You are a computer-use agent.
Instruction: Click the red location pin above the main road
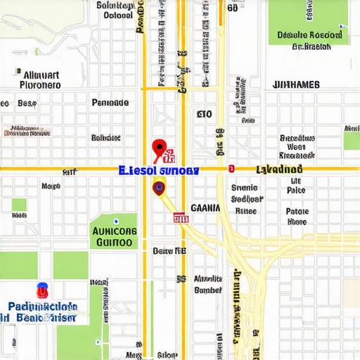click(159, 148)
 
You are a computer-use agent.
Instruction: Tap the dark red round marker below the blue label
click(159, 187)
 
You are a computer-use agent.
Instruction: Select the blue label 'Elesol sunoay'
click(159, 170)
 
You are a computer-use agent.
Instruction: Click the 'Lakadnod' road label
click(279, 169)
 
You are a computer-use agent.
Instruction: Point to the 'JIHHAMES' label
click(295, 85)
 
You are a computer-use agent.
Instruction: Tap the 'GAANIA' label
click(205, 208)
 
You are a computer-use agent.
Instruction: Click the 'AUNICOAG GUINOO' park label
click(113, 236)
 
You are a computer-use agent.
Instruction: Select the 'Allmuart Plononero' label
click(40, 79)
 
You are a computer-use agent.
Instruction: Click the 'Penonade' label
click(110, 103)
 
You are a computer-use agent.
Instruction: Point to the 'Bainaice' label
click(106, 138)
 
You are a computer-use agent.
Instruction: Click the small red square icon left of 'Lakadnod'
click(231, 169)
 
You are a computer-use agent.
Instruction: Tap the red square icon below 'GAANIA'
click(181, 219)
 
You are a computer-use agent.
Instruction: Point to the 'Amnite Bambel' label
click(208, 284)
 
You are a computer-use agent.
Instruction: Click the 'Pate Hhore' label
click(297, 217)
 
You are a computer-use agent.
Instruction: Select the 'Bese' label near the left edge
click(27, 103)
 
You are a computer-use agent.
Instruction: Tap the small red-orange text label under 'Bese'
click(27, 131)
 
